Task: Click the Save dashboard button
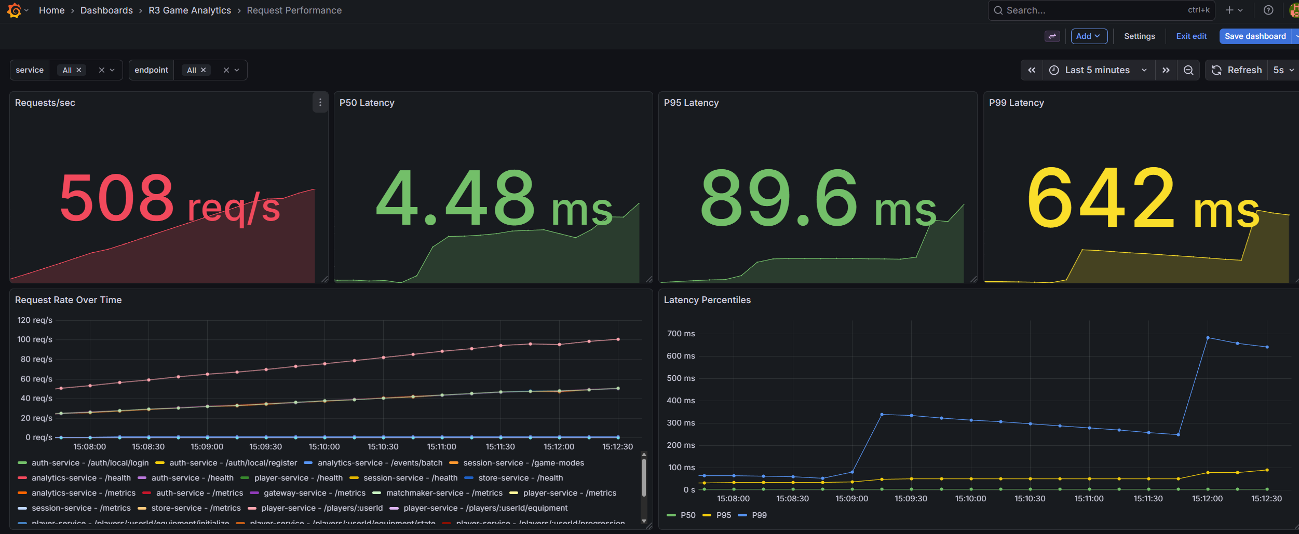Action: [x=1254, y=36]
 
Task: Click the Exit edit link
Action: [x=1191, y=36]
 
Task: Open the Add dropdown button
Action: [x=1088, y=36]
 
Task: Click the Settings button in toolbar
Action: [x=1139, y=36]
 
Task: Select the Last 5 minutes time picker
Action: [x=1097, y=70]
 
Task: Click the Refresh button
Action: [x=1237, y=70]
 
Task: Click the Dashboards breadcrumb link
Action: [x=106, y=10]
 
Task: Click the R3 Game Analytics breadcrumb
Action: [x=190, y=10]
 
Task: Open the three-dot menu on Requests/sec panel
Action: [x=320, y=103]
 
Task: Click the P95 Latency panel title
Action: [x=691, y=103]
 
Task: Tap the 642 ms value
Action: [x=1142, y=200]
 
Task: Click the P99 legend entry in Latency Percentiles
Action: [x=759, y=515]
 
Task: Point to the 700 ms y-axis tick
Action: [x=681, y=334]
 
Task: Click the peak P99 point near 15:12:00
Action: [x=1208, y=338]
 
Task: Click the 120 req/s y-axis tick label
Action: [x=35, y=320]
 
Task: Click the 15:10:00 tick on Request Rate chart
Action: [x=324, y=447]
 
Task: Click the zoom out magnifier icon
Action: [x=1188, y=70]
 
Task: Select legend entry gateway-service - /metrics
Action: [x=314, y=493]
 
